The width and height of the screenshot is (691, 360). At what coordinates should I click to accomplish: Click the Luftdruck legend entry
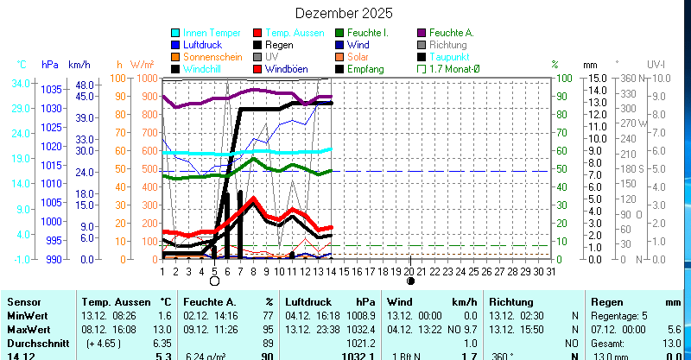pyautogui.click(x=202, y=44)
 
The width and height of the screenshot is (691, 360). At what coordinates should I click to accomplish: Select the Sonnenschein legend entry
pyautogui.click(x=212, y=56)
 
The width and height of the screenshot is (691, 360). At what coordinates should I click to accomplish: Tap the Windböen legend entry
pyautogui.click(x=288, y=68)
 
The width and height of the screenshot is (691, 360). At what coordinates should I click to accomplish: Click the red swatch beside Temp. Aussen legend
pyautogui.click(x=258, y=33)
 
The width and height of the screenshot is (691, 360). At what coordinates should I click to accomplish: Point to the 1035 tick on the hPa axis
pyautogui.click(x=51, y=89)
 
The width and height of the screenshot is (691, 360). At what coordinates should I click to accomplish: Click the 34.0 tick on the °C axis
pyautogui.click(x=22, y=84)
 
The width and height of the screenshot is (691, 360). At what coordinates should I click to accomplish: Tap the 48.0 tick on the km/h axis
pyautogui.click(x=83, y=85)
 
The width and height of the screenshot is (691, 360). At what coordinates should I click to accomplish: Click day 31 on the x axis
pyautogui.click(x=550, y=270)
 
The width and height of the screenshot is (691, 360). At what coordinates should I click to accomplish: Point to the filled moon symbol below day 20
pyautogui.click(x=410, y=281)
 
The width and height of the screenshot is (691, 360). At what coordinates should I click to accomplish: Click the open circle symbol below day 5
pyautogui.click(x=215, y=281)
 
